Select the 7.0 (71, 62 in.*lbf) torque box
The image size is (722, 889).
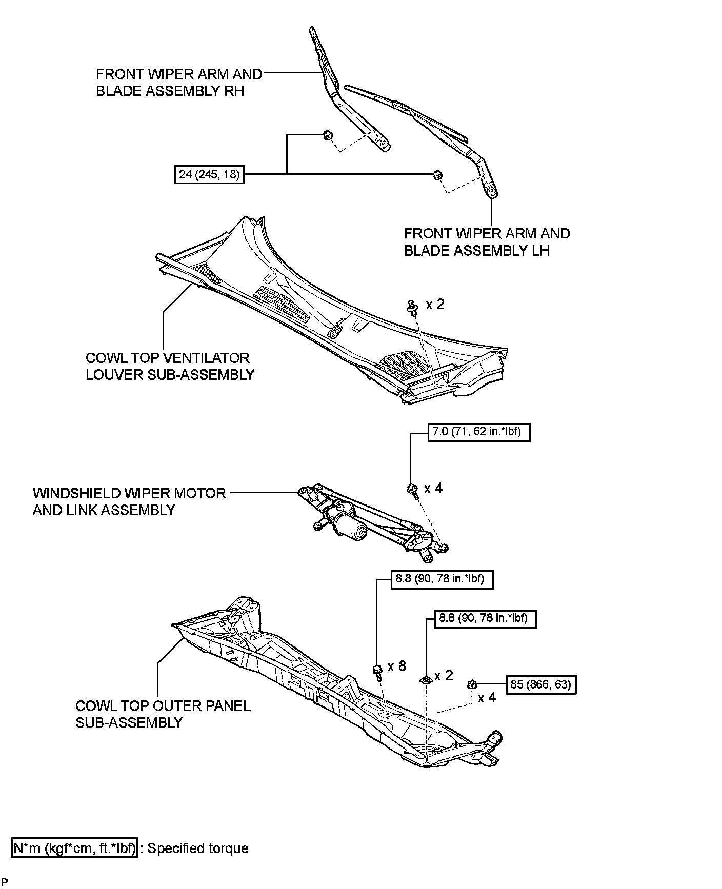coord(478,432)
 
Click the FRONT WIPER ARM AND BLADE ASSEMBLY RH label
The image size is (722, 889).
coord(178,83)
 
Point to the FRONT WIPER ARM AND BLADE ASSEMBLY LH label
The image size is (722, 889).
coord(487,242)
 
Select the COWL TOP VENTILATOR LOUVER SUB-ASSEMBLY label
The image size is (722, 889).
coord(170,366)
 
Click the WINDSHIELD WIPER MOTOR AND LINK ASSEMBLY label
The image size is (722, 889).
coord(129,501)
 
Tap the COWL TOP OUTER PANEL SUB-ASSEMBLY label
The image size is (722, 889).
coord(163,714)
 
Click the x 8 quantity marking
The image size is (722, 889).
coord(396,666)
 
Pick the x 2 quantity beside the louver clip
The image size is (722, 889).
coord(435,305)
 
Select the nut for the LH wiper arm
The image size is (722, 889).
coord(437,174)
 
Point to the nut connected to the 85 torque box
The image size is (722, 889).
coord(472,684)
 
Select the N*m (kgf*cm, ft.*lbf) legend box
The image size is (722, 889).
coord(75,848)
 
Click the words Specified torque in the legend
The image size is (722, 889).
coord(197,848)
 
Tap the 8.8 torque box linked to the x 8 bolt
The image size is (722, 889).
coord(442,579)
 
